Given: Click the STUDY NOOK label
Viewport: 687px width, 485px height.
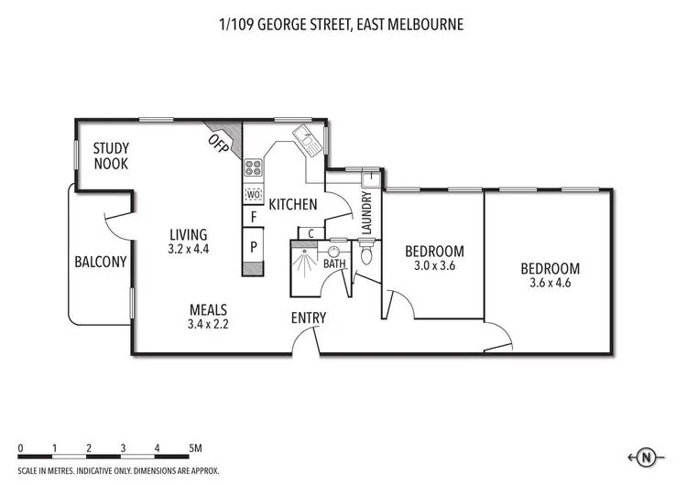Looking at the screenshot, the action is pyautogui.click(x=111, y=156).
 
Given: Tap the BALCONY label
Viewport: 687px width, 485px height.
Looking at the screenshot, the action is pyautogui.click(x=101, y=262).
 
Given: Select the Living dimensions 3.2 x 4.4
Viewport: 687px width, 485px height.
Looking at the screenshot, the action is pyautogui.click(x=189, y=249).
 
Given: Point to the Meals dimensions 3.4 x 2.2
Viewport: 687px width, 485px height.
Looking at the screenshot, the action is pyautogui.click(x=208, y=324).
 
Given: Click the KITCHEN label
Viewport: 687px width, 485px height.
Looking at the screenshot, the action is pyautogui.click(x=293, y=204).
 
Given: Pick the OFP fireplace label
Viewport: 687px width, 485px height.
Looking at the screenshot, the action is pyautogui.click(x=218, y=144).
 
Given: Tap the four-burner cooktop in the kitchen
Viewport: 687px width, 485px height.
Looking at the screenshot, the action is pyautogui.click(x=253, y=167).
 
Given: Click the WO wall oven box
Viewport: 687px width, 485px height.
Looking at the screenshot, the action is pyautogui.click(x=253, y=194).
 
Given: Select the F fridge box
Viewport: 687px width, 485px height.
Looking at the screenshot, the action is pyautogui.click(x=253, y=217).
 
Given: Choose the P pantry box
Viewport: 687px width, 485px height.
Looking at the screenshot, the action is pyautogui.click(x=253, y=247).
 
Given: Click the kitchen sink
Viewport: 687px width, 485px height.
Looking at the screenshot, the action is pyautogui.click(x=308, y=140).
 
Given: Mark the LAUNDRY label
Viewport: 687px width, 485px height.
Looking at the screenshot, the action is pyautogui.click(x=366, y=212).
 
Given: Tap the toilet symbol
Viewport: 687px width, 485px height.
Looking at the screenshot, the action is pyautogui.click(x=366, y=252).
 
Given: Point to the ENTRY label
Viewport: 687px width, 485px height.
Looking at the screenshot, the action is pyautogui.click(x=309, y=318).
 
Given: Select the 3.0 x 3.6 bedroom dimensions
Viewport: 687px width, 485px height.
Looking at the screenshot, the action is pyautogui.click(x=434, y=265).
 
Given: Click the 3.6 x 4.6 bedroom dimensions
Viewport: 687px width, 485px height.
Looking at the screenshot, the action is pyautogui.click(x=551, y=283).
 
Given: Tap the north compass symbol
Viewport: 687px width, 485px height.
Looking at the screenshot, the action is pyautogui.click(x=646, y=458).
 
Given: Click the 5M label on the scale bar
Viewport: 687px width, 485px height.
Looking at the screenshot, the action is pyautogui.click(x=195, y=448).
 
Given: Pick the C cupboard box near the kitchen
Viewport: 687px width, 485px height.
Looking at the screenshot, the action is pyautogui.click(x=311, y=233).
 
